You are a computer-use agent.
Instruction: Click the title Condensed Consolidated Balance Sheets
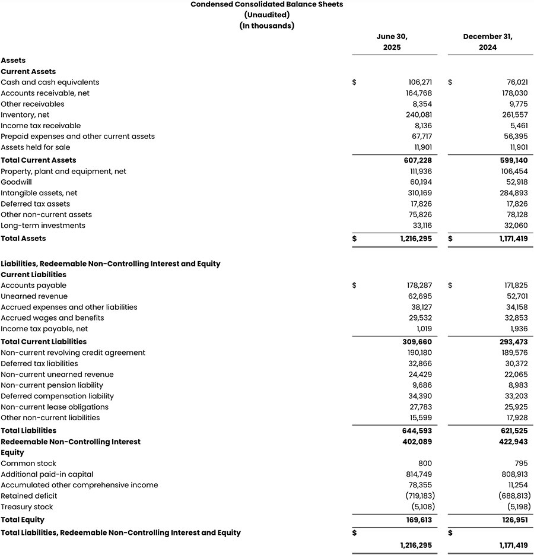coord(266,4)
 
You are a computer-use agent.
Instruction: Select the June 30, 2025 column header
coord(392,42)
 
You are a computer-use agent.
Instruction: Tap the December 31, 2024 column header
coord(488,42)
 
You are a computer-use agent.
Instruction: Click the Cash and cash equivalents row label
coord(50,83)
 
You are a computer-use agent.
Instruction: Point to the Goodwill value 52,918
coord(514,182)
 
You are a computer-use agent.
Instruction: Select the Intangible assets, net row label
coord(39,193)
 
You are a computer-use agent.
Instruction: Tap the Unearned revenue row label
coord(34,296)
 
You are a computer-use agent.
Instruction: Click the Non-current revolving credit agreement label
coord(73,353)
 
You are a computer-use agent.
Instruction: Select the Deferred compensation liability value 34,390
coord(418,396)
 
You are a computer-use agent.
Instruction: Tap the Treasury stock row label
coord(27,507)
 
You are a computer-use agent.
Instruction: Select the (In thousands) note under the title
coord(266,26)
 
